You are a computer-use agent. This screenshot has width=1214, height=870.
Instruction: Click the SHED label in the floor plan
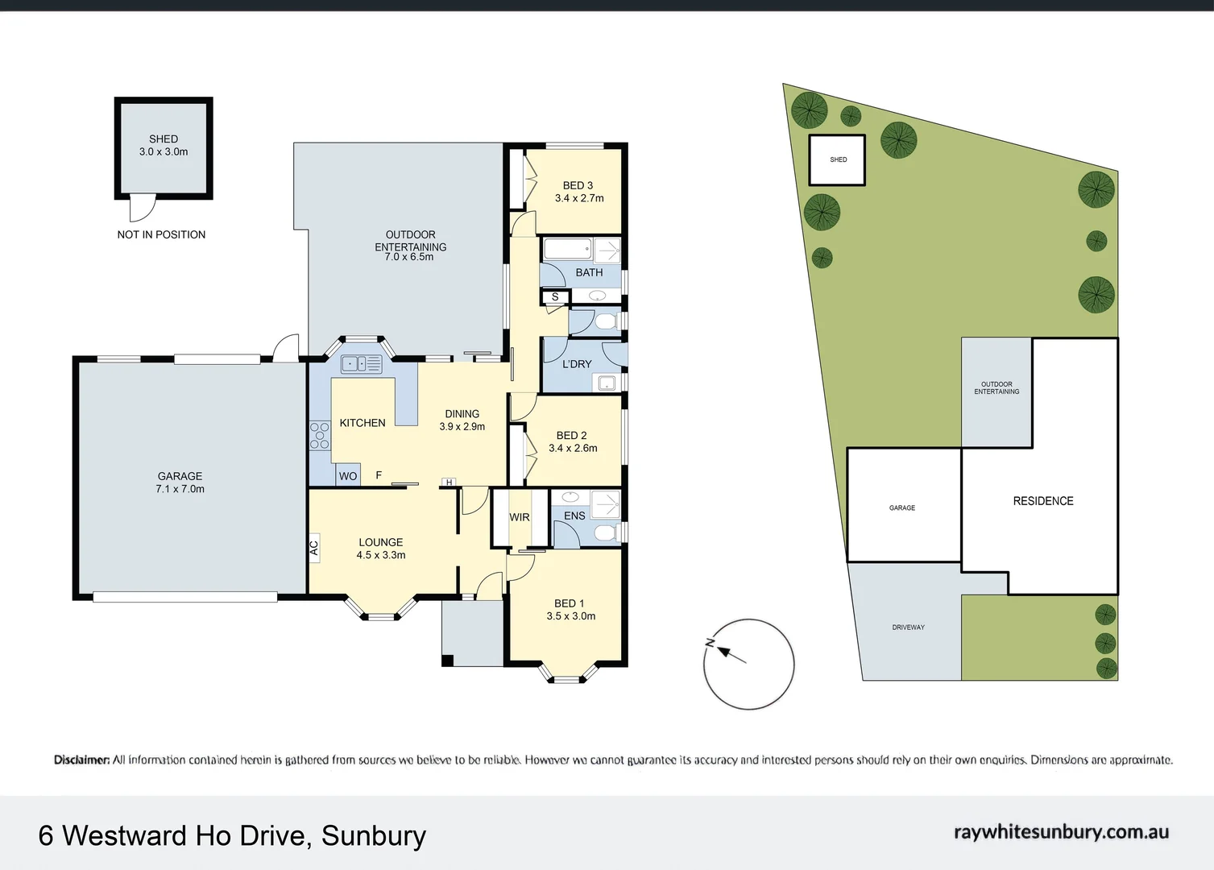pyautogui.click(x=164, y=139)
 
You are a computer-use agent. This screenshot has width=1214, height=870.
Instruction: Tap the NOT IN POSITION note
pyautogui.click(x=161, y=234)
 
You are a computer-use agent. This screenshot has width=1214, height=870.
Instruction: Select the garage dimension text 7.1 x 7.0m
pyautogui.click(x=180, y=489)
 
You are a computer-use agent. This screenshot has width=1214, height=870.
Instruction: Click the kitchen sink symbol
pyautogui.click(x=362, y=364)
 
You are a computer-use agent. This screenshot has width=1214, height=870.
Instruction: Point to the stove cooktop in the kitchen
pyautogui.click(x=320, y=436)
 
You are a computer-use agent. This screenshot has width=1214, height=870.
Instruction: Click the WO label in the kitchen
pyautogui.click(x=347, y=476)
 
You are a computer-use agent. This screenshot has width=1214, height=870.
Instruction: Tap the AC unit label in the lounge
pyautogui.click(x=314, y=549)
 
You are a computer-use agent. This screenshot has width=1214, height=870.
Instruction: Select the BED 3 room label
pyautogui.click(x=578, y=185)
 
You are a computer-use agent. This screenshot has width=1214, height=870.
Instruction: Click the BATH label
pyautogui.click(x=589, y=272)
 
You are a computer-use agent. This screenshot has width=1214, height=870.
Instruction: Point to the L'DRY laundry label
pyautogui.click(x=577, y=364)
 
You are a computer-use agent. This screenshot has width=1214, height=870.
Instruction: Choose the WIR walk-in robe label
pyautogui.click(x=520, y=517)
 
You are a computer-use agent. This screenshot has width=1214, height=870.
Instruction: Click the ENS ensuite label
pyautogui.click(x=574, y=516)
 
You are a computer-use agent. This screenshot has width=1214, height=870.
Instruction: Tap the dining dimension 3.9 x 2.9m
pyautogui.click(x=462, y=427)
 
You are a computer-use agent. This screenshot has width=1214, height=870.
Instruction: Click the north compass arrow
pyautogui.click(x=727, y=652)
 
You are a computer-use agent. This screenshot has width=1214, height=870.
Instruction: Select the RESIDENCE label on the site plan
pyautogui.click(x=1043, y=501)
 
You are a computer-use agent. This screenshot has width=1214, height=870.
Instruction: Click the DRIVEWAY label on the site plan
pyautogui.click(x=908, y=628)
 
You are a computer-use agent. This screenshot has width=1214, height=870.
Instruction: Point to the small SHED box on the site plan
pyautogui.click(x=838, y=160)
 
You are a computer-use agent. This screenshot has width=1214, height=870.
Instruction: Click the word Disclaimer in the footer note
pyautogui.click(x=81, y=760)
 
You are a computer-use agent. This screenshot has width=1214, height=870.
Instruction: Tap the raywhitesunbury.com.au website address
pyautogui.click(x=1061, y=832)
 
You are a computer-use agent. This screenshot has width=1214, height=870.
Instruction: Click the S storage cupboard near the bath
pyautogui.click(x=555, y=297)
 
